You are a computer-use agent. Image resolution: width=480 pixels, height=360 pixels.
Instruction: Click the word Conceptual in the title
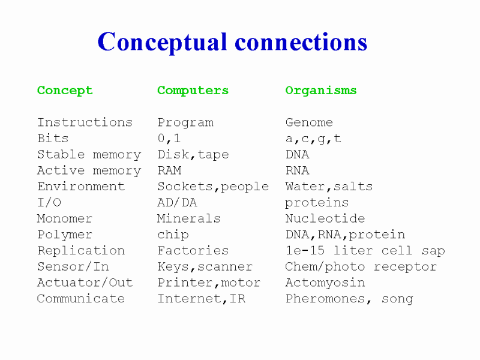tap(163, 43)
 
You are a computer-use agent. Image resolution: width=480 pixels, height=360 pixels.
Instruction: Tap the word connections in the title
tap(301, 41)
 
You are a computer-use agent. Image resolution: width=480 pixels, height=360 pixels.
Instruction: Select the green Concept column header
tap(65, 91)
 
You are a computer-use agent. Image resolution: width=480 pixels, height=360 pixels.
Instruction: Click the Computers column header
tap(193, 91)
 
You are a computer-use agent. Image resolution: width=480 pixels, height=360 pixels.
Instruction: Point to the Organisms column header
tap(321, 91)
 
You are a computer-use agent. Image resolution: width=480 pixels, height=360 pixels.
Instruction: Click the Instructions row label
tap(85, 122)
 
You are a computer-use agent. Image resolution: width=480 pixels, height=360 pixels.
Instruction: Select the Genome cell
tap(309, 122)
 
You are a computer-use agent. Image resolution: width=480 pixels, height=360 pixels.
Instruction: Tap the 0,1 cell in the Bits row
tap(169, 139)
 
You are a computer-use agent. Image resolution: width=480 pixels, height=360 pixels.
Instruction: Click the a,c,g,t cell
tap(313, 139)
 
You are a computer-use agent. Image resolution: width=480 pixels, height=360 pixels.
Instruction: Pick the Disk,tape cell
tap(193, 155)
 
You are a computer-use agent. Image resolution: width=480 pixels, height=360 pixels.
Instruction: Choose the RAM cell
tap(170, 170)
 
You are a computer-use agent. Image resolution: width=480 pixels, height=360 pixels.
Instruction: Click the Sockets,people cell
tap(213, 187)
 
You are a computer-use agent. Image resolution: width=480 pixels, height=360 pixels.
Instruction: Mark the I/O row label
tap(49, 202)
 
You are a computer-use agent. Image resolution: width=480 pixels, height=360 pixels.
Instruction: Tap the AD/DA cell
tap(177, 202)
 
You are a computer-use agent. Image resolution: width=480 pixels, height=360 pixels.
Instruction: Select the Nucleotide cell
tap(325, 218)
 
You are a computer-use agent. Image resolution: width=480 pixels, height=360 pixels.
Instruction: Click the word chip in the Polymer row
tap(173, 235)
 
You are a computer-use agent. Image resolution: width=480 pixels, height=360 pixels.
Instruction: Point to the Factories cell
tap(193, 250)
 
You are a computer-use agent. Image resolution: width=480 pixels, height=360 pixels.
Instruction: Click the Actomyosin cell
tap(325, 283)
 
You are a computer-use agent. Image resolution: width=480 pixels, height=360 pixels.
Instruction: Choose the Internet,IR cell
tap(202, 298)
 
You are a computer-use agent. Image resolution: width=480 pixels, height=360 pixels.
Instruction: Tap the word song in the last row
tap(397, 299)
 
